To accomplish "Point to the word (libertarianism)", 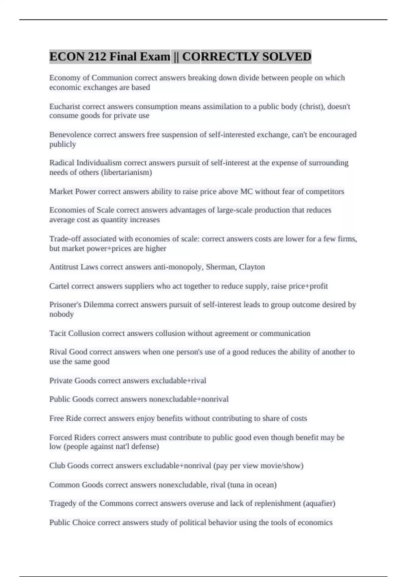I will click(126, 172).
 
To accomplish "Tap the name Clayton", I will click(252, 267).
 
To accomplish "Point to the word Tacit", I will click(58, 333).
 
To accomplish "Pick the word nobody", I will click(61, 314).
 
